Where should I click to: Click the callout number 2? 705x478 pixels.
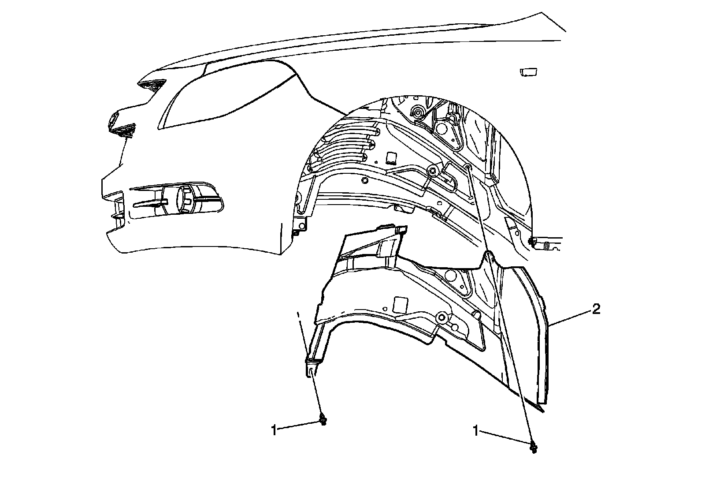595,310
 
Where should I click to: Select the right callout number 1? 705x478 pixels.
475,430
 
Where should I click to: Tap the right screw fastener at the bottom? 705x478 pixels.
534,447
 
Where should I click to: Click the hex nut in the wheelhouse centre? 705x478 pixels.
432,171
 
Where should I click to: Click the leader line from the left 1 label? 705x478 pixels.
299,426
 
